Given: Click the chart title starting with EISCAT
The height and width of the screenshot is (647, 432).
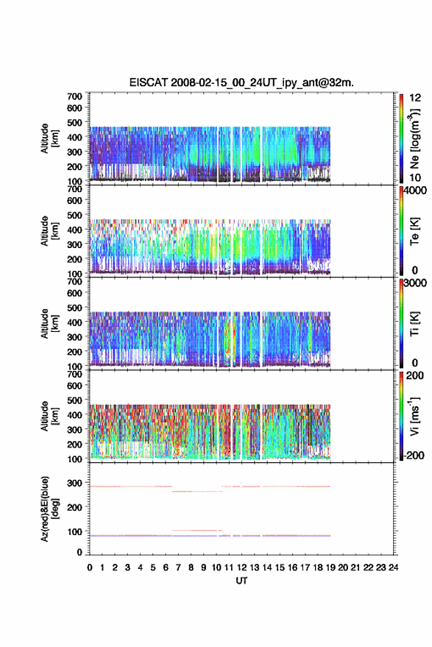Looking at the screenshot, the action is [x=241, y=82].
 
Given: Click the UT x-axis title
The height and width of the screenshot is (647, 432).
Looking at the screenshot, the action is [x=241, y=581].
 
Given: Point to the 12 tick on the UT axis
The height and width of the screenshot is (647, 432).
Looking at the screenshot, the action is [x=241, y=568].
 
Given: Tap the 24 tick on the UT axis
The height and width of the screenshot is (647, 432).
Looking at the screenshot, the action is [x=393, y=568].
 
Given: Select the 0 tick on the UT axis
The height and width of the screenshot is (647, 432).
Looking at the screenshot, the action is [x=90, y=568].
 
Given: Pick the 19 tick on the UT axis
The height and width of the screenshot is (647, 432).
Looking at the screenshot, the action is [x=330, y=568].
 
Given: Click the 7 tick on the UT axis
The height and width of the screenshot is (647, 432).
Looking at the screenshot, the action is [x=178, y=568].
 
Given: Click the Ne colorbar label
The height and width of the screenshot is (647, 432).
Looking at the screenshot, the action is [x=414, y=138].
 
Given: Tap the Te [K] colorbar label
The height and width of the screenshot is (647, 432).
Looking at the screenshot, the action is [x=414, y=231].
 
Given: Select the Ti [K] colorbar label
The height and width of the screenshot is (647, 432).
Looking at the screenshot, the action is [x=414, y=324].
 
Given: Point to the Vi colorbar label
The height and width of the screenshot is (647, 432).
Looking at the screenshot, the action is [x=414, y=416].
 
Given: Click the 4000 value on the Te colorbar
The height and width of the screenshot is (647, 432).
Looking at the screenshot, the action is [x=416, y=191].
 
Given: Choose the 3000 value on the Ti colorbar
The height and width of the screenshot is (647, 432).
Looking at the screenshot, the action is [x=416, y=283].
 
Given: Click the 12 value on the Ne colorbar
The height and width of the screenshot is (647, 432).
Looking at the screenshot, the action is [x=415, y=98].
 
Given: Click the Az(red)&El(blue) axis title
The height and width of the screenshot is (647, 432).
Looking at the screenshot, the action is [x=49, y=509].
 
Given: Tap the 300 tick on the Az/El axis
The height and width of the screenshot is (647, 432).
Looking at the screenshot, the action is [x=74, y=483].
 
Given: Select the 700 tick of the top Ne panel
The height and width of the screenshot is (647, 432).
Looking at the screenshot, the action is [x=74, y=96].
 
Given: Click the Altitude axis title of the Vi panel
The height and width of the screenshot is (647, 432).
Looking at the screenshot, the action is [x=49, y=416].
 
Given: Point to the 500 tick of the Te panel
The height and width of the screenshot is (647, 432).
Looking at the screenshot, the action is [x=74, y=215].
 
